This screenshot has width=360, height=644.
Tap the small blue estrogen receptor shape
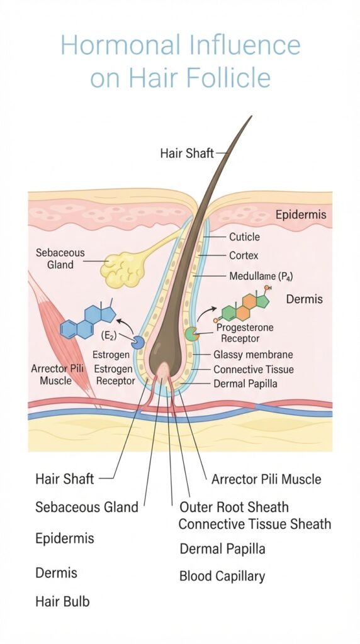pyautogui.click(x=138, y=342)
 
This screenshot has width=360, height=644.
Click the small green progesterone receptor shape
pyautogui.click(x=191, y=333)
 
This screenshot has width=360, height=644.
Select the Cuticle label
pyautogui.click(x=244, y=237)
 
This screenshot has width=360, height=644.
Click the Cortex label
pyautogui.click(x=244, y=256)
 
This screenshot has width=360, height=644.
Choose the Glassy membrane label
pyautogui.click(x=253, y=355)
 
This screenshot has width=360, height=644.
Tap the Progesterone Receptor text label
pyautogui.click(x=245, y=333)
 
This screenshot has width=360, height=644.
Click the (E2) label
pyautogui.click(x=109, y=336)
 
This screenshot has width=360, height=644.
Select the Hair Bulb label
pyautogui.click(x=62, y=602)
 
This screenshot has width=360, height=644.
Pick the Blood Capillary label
pyautogui.click(x=222, y=576)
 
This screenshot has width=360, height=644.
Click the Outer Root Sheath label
pyautogui.click(x=234, y=508)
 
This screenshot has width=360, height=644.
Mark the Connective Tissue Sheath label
pyautogui.click(x=255, y=524)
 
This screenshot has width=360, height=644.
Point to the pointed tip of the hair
pyautogui.click(x=250, y=116)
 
